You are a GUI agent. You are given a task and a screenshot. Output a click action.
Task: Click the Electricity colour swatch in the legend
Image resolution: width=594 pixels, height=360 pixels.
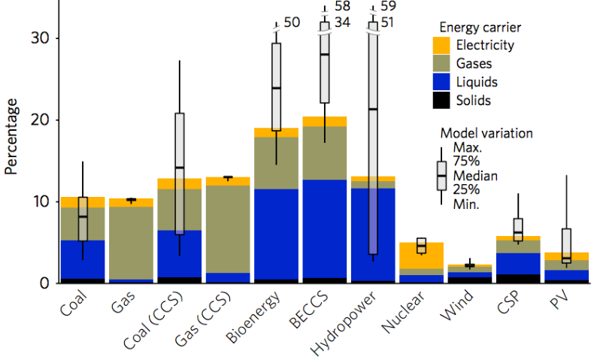(x=442, y=45)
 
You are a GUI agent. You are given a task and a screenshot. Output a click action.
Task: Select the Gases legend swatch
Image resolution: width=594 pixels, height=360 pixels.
(x=442, y=63)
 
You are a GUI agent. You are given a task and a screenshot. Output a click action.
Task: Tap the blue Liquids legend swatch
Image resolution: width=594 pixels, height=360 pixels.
(x=442, y=81)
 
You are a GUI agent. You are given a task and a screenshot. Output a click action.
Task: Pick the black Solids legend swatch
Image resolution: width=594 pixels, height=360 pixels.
(x=442, y=99)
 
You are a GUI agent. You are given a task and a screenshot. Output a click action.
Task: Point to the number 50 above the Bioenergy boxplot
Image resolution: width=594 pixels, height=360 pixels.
(x=292, y=23)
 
